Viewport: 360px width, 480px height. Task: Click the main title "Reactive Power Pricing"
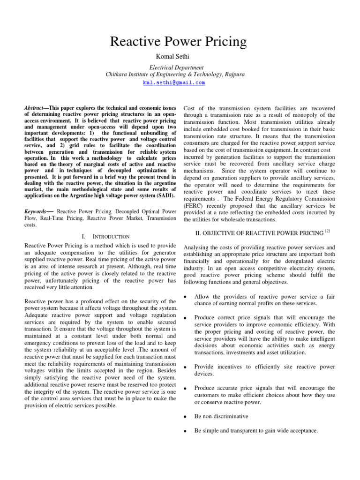click(178, 42)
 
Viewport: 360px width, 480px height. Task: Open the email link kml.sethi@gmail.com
click(174, 82)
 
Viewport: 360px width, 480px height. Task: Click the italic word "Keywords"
click(37, 211)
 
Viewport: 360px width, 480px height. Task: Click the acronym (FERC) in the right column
click(193, 206)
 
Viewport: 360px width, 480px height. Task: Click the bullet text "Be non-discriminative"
click(222, 416)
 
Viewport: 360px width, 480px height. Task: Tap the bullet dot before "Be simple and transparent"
click(187, 431)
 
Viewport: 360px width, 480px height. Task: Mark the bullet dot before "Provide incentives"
click(187, 366)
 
